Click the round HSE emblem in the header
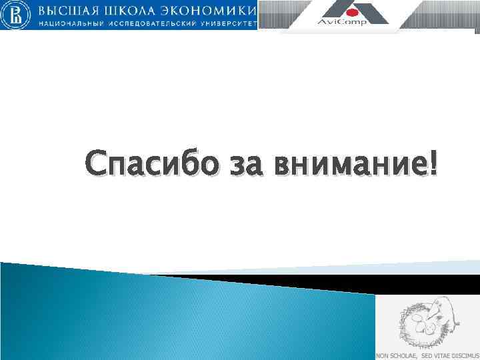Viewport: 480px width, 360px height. click(18, 15)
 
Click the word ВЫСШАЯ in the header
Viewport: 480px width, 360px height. click(67, 11)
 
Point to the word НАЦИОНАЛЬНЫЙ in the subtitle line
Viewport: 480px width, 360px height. click(68, 23)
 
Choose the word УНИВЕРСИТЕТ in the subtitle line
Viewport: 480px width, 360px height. click(227, 23)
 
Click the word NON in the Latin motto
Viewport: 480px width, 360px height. click(383, 356)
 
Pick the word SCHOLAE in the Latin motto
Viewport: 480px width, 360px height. click(403, 356)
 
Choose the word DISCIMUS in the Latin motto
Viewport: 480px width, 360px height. click(466, 356)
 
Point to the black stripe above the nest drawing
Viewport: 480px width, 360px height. click(427, 285)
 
